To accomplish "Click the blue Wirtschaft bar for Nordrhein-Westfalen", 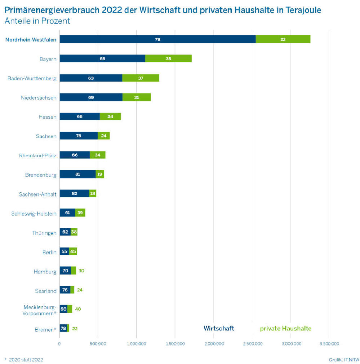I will tap(157, 39).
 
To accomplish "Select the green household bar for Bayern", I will tap(168, 58).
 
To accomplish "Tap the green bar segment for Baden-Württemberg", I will tap(141, 78).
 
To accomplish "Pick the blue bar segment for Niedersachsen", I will tap(91, 97).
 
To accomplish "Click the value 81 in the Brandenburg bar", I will tap(77, 174).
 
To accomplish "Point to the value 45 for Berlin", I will tap(73, 251).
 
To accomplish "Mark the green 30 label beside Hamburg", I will tap(81, 271).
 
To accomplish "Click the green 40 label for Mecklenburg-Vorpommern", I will tap(78, 309).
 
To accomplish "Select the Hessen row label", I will tap(48, 117).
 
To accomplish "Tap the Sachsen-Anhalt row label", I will tap(38, 194).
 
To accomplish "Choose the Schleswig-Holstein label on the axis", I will tap(34, 214).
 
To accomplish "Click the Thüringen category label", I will tap(44, 233).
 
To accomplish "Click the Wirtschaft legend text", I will tap(219, 328).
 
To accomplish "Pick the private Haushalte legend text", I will tap(285, 328).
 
